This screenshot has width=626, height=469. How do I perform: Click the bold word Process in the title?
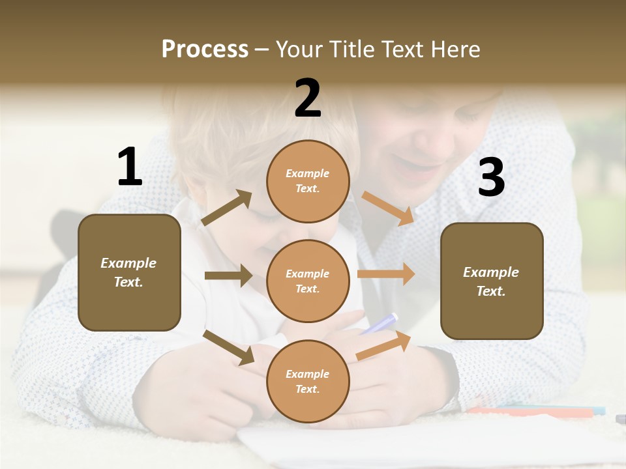[205, 50]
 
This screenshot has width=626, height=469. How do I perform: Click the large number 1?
[130, 167]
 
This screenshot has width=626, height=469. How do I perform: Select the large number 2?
[308, 98]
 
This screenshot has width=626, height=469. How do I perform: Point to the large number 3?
[491, 177]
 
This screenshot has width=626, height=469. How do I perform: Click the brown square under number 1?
[129, 272]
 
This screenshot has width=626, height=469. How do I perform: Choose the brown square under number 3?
[492, 281]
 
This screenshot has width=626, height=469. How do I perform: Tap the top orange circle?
[308, 181]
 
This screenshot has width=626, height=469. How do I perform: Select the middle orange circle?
[308, 281]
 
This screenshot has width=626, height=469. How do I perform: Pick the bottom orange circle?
[308, 382]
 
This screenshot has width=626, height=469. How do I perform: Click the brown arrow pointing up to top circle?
[227, 208]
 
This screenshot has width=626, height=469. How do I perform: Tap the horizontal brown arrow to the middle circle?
[228, 276]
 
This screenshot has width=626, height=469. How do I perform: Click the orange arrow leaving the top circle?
[387, 208]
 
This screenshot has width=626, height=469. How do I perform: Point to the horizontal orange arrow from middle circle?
[386, 274]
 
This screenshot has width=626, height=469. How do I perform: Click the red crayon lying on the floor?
[528, 412]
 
